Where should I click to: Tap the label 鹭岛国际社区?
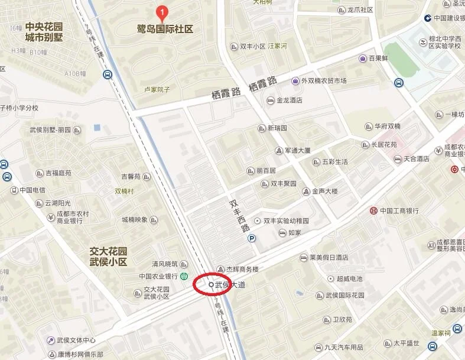pos(165,28)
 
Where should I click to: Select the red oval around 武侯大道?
pos(212,284)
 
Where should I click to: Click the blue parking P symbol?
pos(252,238)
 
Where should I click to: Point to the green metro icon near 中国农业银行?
pos(184,276)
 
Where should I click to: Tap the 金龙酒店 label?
pos(290,100)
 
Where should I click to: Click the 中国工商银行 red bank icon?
pos(373,210)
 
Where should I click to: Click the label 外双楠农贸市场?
pos(324,81)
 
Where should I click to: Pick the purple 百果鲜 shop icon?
pos(362,59)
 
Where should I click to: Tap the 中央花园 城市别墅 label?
pos(44,32)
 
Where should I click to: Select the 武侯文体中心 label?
pos(76,340)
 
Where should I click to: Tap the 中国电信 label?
pos(32,190)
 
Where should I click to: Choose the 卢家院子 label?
pos(157,90)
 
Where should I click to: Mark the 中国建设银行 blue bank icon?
pos(427,18)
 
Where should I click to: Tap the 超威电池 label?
pos(349,278)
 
